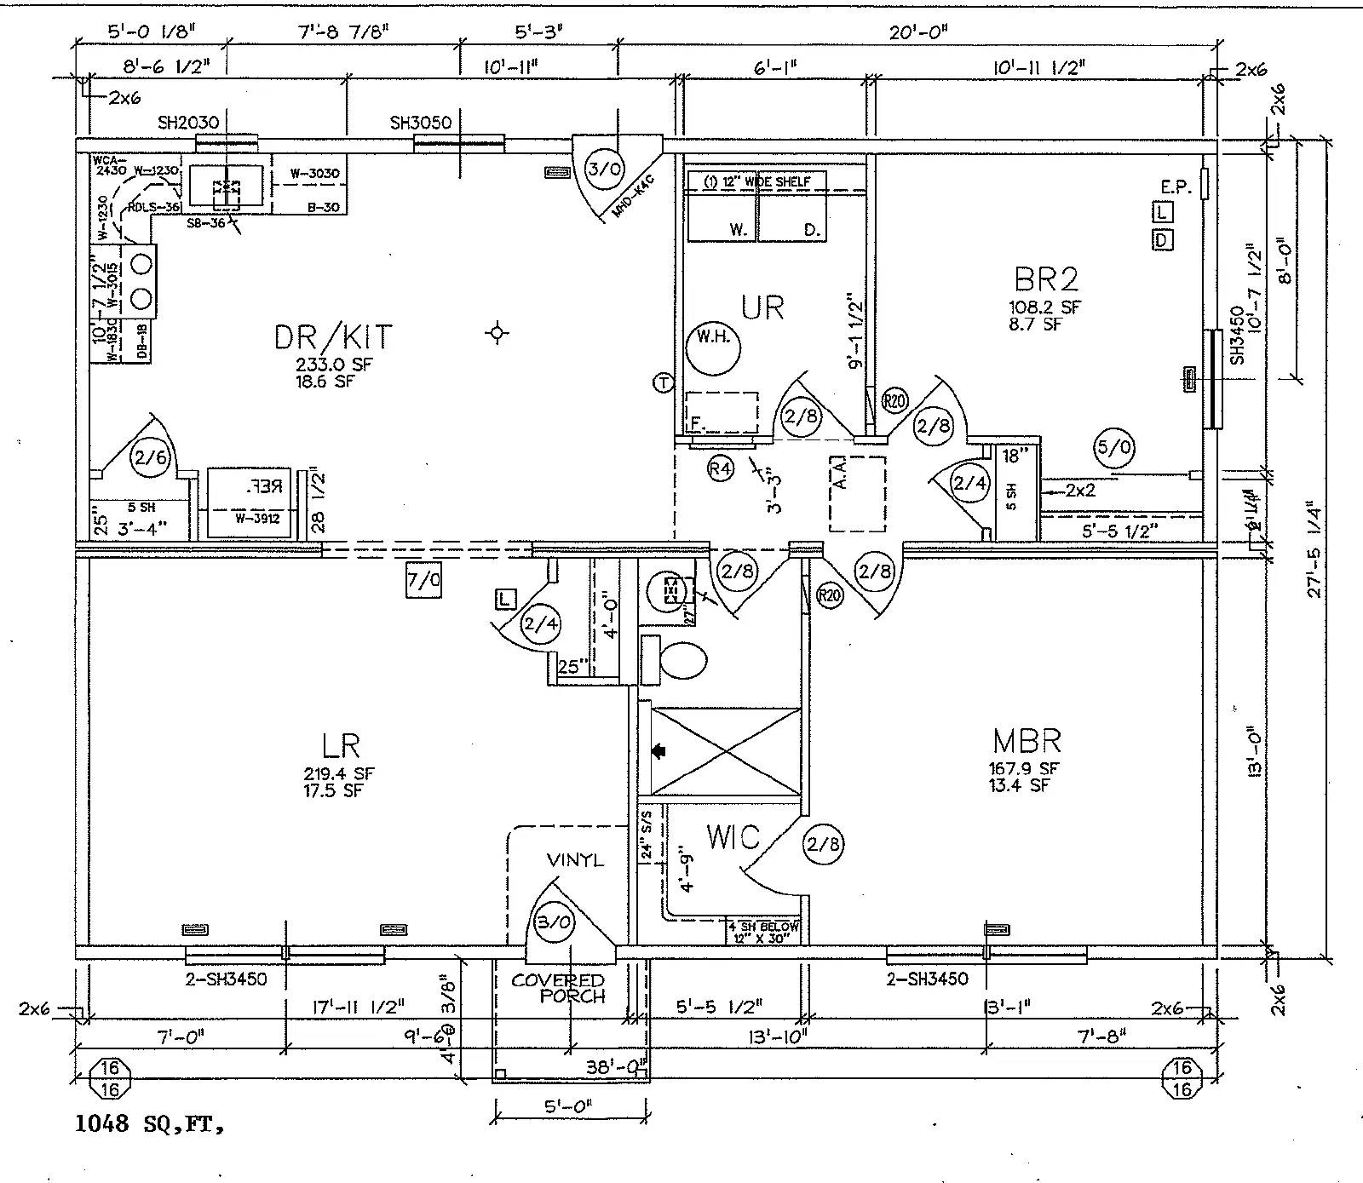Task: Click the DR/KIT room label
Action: (333, 337)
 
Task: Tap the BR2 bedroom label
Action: (1046, 279)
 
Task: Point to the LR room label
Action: (341, 746)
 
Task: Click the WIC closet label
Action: (733, 837)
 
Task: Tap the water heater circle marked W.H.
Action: (713, 347)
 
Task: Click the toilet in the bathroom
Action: (683, 660)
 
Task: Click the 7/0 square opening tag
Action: (423, 581)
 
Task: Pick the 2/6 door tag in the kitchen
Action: (150, 458)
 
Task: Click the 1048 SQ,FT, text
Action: (150, 1124)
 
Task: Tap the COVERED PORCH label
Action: (560, 988)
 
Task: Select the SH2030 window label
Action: (188, 123)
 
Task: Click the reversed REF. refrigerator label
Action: (264, 488)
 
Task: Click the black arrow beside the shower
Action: (658, 751)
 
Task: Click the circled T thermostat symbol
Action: (663, 383)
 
